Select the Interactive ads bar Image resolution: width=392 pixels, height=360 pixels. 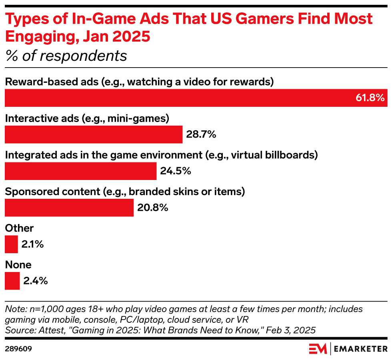click(94, 134)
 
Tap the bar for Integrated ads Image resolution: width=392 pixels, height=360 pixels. click(80, 171)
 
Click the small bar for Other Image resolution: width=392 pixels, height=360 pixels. click(11, 244)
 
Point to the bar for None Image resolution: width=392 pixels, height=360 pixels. click(12, 281)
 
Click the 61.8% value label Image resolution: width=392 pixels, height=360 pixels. click(370, 98)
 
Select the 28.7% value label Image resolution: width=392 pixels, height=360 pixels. click(201, 134)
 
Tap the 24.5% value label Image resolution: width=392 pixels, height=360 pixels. click(176, 171)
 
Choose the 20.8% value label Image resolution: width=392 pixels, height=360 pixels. click(153, 208)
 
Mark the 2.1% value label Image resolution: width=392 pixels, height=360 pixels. click(32, 244)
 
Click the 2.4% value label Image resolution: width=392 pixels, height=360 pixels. click(35, 281)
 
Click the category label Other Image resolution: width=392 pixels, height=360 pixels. click(19, 228)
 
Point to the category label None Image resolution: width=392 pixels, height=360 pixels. click(18, 265)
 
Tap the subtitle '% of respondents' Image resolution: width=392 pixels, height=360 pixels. click(66, 56)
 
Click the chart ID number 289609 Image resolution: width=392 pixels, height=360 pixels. click(18, 349)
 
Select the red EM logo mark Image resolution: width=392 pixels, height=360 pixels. click(318, 349)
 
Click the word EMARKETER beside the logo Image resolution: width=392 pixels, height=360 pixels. click(360, 349)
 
